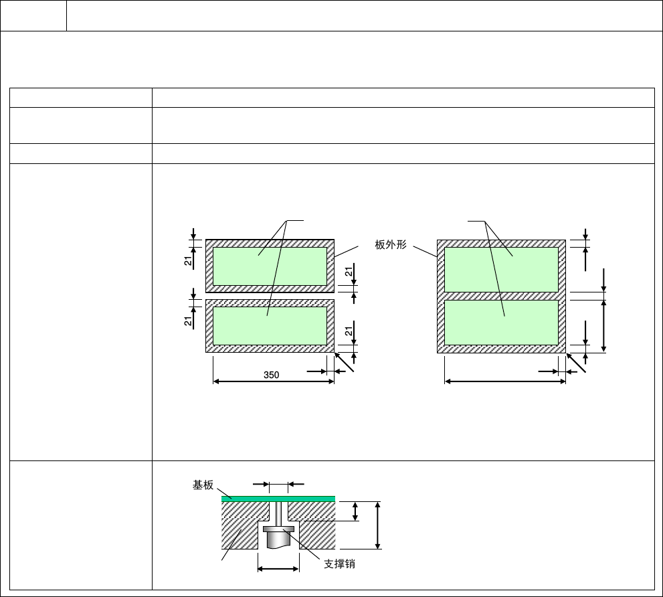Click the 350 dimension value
[271, 375]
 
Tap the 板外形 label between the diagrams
[390, 244]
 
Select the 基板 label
[203, 485]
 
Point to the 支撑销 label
[340, 564]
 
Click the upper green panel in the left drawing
[270, 266]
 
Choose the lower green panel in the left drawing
[270, 326]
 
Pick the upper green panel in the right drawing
[501, 270]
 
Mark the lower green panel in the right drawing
[501, 323]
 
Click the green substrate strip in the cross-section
[278, 499]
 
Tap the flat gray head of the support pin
[278, 529]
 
